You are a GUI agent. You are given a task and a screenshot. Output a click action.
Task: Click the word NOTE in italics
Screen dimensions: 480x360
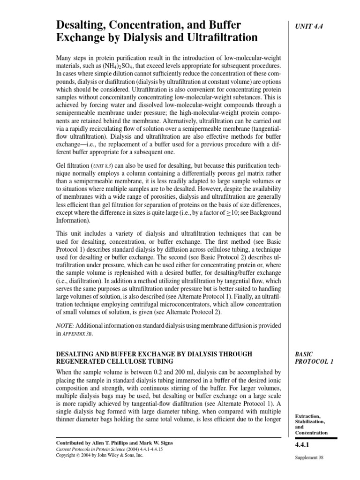(65, 325)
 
